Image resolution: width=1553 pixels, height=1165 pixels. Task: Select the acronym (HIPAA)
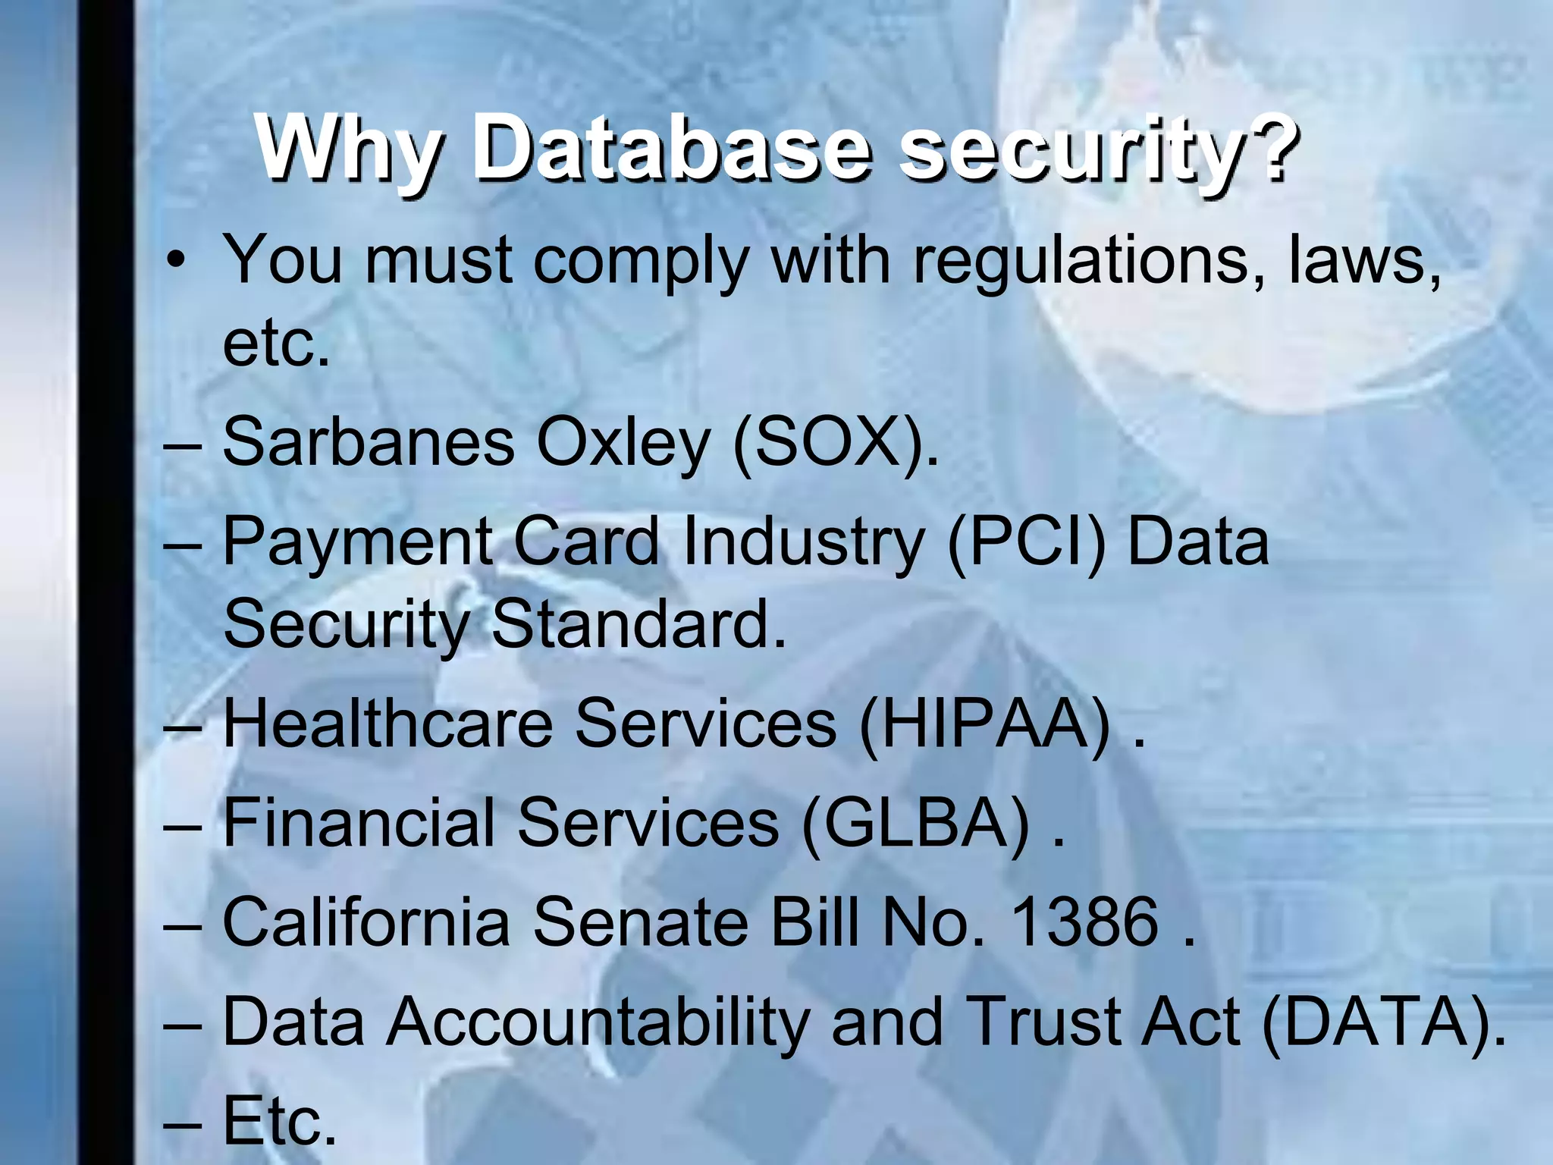click(986, 724)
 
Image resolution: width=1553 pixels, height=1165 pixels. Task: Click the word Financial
click(359, 823)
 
